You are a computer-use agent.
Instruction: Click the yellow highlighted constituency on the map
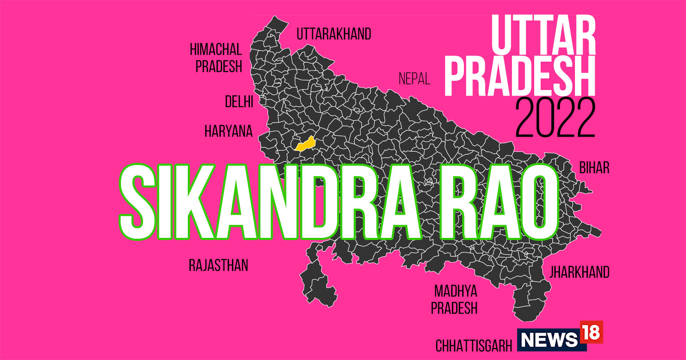[305, 144]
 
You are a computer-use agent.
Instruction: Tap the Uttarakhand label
[334, 34]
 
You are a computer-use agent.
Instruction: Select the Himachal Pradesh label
[217, 58]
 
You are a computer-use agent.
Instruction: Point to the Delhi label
[239, 102]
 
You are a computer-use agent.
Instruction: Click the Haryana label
[229, 131]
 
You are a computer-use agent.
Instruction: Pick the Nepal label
[414, 79]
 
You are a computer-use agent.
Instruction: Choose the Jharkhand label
[579, 272]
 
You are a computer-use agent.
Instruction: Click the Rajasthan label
[218, 265]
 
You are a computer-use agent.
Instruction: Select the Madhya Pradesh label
[454, 300]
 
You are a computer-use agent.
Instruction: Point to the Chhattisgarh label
[474, 345]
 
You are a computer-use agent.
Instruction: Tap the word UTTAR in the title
[543, 35]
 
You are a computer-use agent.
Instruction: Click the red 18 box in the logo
[591, 332]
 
